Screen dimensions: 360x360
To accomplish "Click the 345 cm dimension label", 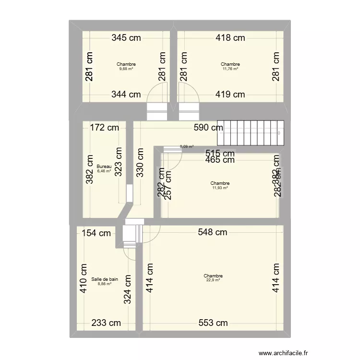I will [126, 37].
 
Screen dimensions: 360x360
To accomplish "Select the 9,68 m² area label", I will [126, 69].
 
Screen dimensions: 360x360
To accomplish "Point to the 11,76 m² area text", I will [230, 69].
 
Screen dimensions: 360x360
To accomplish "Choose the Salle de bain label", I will [105, 279].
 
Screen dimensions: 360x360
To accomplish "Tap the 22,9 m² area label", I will [213, 280].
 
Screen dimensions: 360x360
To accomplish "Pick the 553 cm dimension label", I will [213, 323].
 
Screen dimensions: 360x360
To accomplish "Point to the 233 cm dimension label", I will [107, 323].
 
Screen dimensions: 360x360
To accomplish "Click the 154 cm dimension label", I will [96, 233].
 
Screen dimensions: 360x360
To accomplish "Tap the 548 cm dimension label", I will [213, 233].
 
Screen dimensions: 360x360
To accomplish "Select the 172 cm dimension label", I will [105, 128].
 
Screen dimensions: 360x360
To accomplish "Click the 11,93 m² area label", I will [220, 188].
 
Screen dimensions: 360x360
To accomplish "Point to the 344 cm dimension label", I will [126, 95].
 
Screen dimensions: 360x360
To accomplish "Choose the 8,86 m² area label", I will [105, 284].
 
